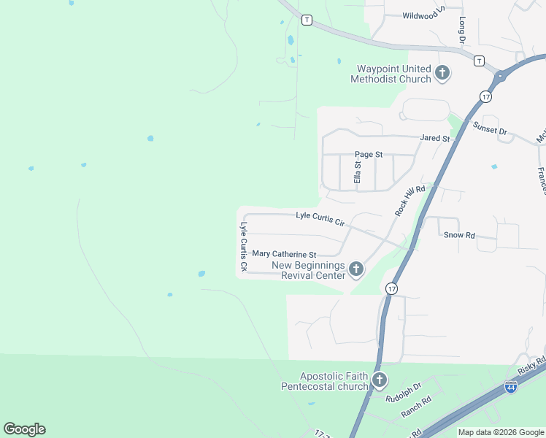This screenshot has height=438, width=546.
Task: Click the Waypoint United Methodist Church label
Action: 391,73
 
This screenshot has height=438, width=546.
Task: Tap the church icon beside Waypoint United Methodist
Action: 442,72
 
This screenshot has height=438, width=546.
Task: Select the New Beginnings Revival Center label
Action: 309,270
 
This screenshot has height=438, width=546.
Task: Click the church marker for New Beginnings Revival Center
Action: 355,270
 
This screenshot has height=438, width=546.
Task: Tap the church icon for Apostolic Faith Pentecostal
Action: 380,380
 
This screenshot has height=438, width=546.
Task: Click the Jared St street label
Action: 433,137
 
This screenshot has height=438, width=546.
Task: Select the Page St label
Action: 369,155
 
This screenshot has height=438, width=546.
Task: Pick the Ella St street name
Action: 358,173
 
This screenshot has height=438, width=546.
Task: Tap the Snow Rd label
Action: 459,235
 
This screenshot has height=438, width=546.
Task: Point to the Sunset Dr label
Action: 490,129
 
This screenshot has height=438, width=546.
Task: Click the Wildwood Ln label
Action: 424,15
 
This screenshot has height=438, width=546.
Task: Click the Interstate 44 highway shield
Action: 511,388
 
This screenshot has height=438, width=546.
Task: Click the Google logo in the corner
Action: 24,429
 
